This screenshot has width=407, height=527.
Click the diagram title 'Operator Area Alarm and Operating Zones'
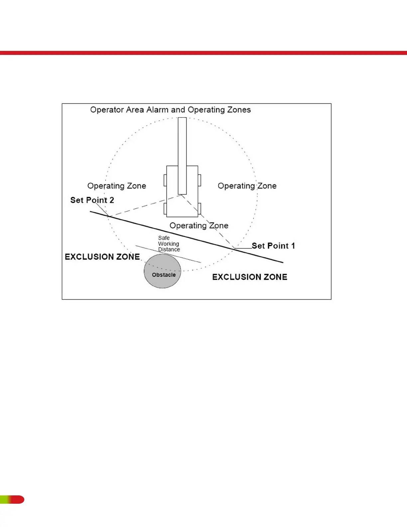point(170,110)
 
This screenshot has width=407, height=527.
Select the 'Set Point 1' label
point(273,246)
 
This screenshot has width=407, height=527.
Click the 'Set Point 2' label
point(92,200)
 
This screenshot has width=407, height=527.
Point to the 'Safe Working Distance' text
point(169,244)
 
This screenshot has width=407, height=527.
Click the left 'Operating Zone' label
point(117,186)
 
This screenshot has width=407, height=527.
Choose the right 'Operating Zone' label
point(247,186)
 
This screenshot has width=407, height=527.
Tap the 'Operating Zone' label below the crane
point(199,226)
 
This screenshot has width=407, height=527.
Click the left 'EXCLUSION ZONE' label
point(102,257)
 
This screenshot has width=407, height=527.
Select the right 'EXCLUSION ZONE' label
point(250,277)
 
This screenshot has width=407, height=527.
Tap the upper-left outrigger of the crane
point(165,180)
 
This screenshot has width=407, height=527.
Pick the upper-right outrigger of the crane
point(200,180)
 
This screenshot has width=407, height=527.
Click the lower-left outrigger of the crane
point(165,209)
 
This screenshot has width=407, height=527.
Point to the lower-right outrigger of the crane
point(200,209)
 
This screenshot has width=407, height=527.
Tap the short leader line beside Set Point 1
point(243,248)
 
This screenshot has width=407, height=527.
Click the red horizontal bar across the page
point(203,53)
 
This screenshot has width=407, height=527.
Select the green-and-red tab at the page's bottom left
point(12,499)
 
